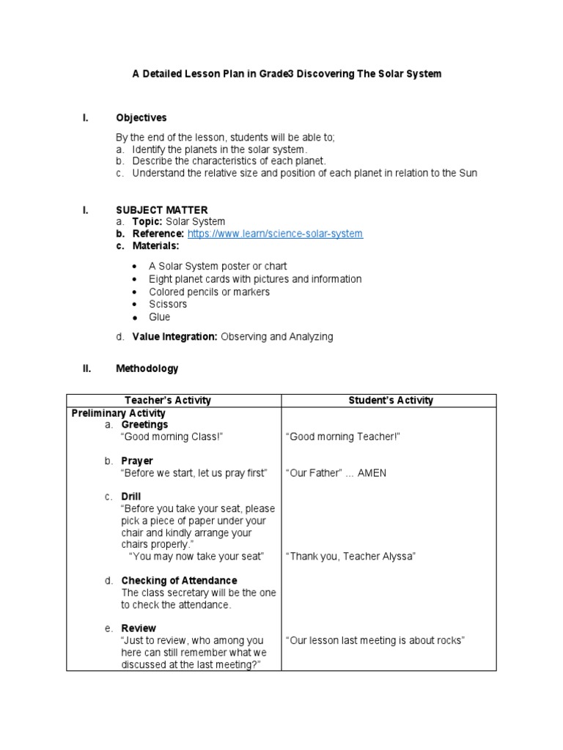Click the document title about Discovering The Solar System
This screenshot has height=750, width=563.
(286, 75)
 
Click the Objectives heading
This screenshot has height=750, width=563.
(141, 117)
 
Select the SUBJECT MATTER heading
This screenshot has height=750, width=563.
(161, 209)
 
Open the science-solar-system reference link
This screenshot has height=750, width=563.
(275, 234)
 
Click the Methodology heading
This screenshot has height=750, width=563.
(147, 368)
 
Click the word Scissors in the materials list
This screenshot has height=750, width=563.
(168, 304)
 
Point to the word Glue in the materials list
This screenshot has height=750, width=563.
(159, 317)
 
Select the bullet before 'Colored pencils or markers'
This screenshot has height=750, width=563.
(134, 292)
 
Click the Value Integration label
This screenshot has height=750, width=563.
(174, 337)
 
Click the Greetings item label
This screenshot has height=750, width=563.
(144, 425)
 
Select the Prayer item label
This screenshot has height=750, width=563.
(137, 461)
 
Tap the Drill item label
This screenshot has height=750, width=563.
(131, 497)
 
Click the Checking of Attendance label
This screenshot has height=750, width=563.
(179, 581)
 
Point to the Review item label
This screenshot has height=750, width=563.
(139, 628)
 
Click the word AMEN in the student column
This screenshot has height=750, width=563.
(372, 473)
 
